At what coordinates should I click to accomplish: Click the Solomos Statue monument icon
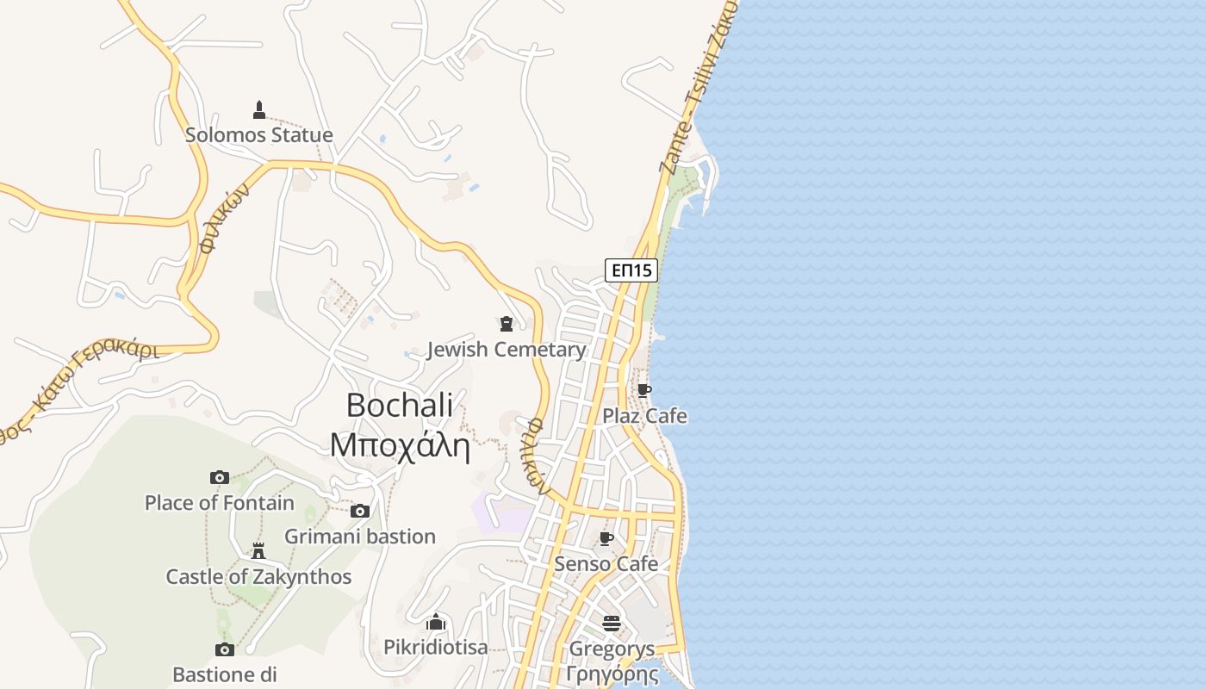click(259, 110)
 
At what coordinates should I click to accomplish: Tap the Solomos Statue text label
click(259, 135)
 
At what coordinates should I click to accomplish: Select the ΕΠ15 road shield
click(631, 270)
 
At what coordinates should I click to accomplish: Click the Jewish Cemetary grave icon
click(507, 324)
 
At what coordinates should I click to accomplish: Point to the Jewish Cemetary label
click(507, 350)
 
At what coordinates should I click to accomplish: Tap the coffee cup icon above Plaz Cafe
click(643, 390)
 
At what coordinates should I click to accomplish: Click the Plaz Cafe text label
click(644, 416)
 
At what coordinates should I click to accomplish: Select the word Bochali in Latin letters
click(400, 405)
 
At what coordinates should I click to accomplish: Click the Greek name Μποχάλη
click(400, 445)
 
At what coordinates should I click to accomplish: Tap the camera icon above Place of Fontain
click(220, 477)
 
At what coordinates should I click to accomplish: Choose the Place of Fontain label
click(220, 503)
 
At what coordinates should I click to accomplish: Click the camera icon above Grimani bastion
click(360, 511)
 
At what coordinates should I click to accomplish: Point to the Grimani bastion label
click(360, 537)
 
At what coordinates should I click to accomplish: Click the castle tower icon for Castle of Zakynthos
click(258, 551)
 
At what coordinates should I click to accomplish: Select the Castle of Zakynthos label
click(258, 577)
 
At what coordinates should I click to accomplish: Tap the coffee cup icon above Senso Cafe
click(606, 539)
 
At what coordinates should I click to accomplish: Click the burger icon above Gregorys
click(612, 623)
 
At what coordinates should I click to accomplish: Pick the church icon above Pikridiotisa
click(436, 622)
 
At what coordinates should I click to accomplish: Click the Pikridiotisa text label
click(436, 648)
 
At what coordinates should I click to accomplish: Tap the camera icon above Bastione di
click(225, 649)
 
